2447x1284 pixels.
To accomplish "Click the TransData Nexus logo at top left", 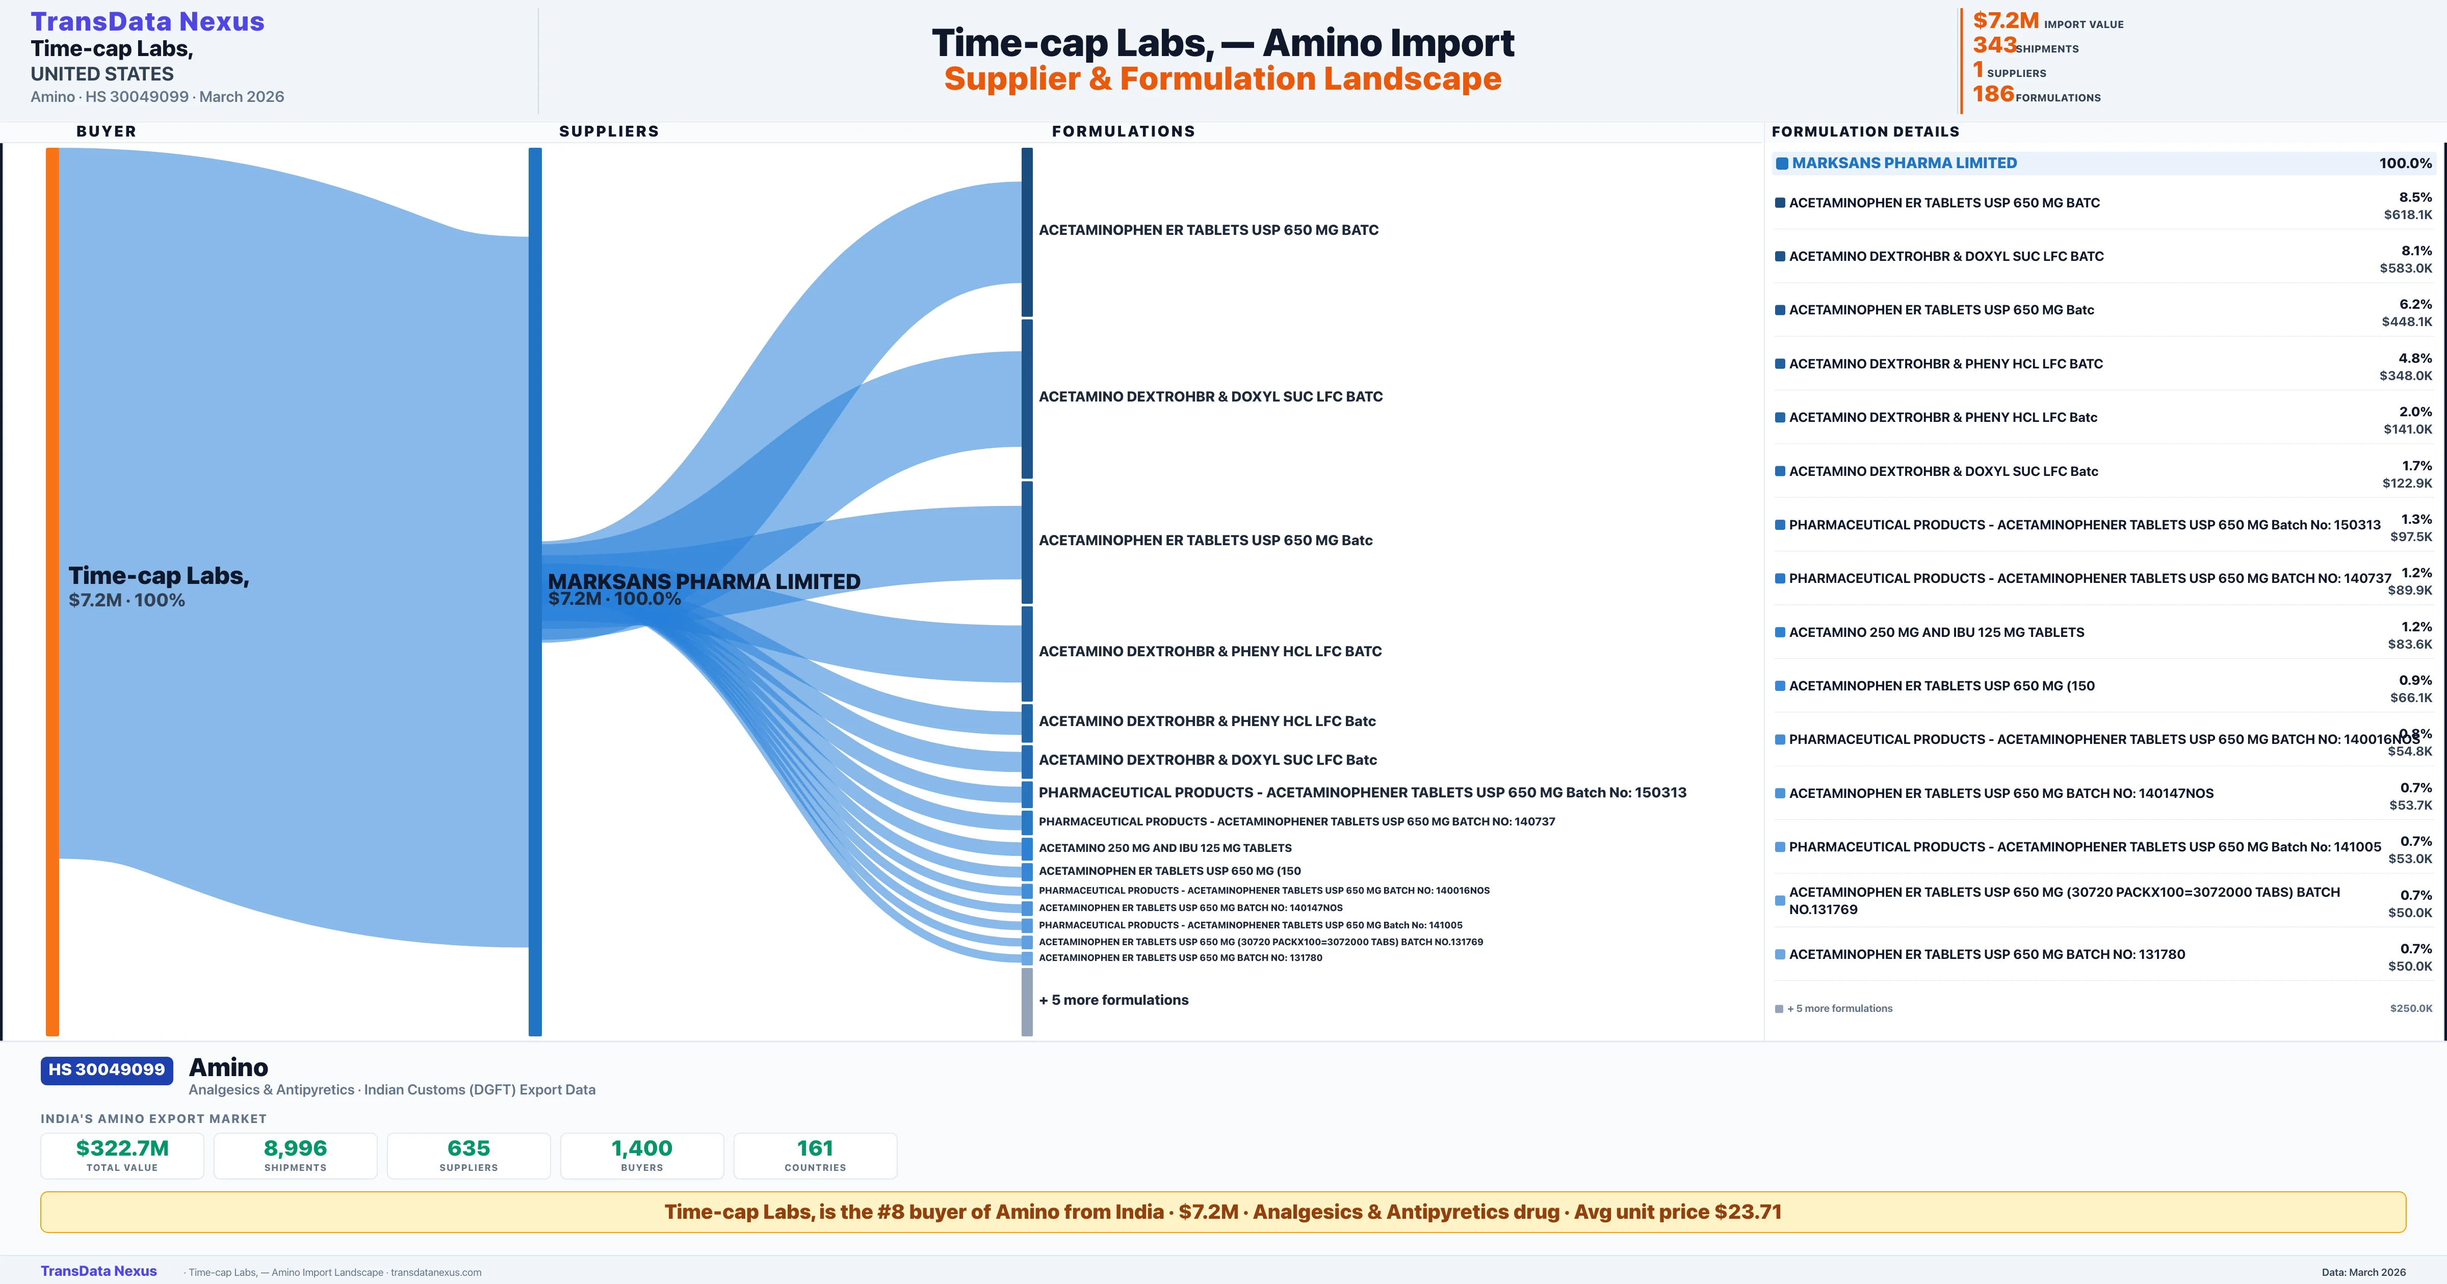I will pyautogui.click(x=147, y=22).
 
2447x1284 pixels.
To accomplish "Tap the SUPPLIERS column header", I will pyautogui.click(x=609, y=131).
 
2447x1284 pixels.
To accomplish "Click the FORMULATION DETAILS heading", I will pyautogui.click(x=1865, y=131).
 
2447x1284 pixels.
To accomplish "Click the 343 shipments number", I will pyautogui.click(x=1994, y=45).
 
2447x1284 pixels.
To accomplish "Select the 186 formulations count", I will pyautogui.click(x=1993, y=94).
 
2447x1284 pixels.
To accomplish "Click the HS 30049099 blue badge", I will pyautogui.click(x=107, y=1069).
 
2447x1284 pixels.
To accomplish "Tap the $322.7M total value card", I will pyautogui.click(x=122, y=1155).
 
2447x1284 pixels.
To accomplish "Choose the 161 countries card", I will pyautogui.click(x=815, y=1155).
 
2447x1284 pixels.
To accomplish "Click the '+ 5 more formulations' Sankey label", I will pyautogui.click(x=1113, y=1000).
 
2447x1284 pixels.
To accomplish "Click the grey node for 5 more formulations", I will pyautogui.click(x=1027, y=1001).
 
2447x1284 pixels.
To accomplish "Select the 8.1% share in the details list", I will pyautogui.click(x=2416, y=251).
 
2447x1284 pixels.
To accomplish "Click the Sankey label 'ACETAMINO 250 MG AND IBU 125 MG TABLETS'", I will pyautogui.click(x=1164, y=848).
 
